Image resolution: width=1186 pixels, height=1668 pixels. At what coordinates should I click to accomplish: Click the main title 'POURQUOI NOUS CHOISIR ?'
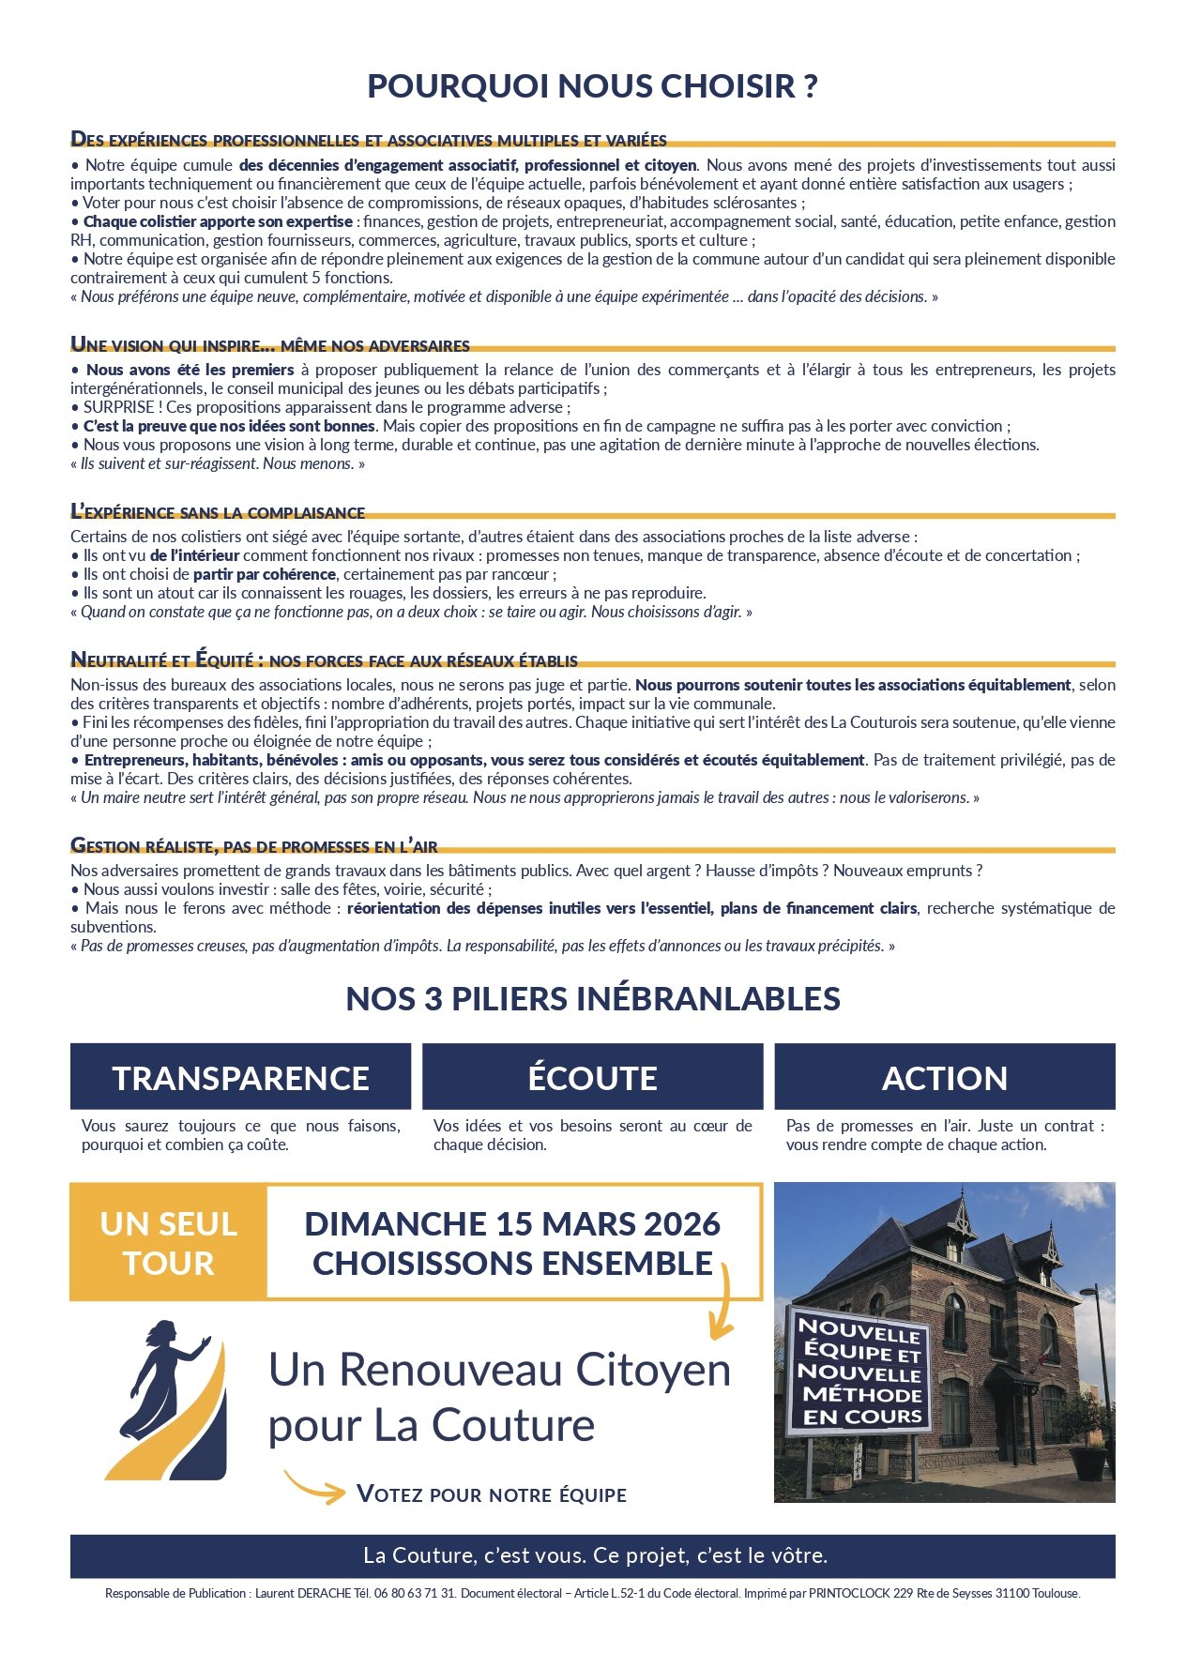click(592, 86)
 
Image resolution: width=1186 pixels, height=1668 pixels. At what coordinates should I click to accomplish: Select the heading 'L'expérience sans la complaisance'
click(218, 512)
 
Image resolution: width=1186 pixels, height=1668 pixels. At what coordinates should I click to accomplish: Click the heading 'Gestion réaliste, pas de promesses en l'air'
click(254, 846)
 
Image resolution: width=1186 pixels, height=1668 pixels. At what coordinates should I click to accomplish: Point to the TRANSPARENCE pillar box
click(240, 1077)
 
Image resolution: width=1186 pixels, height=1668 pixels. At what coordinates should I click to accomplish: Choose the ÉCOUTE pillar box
click(592, 1077)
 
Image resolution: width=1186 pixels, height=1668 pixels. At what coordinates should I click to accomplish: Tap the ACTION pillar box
click(944, 1077)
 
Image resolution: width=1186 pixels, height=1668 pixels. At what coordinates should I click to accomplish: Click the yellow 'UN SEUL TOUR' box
click(169, 1243)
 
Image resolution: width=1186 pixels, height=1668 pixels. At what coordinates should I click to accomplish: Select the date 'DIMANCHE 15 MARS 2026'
click(512, 1224)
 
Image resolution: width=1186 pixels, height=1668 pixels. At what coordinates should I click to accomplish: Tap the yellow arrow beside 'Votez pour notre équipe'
click(314, 1487)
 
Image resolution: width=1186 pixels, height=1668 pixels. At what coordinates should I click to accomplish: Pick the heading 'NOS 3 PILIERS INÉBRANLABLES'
click(592, 999)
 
